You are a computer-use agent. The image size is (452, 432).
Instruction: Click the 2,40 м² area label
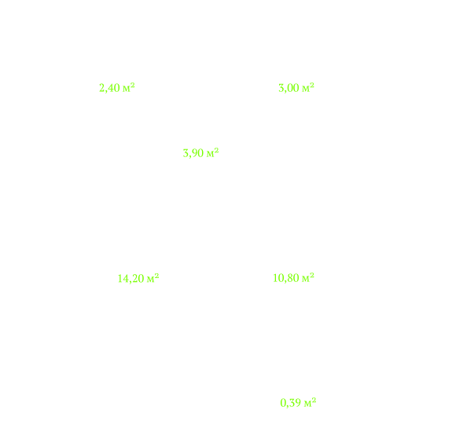(117, 88)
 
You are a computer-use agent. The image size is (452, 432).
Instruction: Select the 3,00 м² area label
(296, 88)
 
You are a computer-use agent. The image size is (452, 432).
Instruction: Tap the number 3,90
(193, 153)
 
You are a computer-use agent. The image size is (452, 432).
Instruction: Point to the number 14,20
(130, 279)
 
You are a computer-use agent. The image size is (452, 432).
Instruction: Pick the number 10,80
(286, 278)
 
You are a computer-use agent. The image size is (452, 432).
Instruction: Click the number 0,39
(291, 403)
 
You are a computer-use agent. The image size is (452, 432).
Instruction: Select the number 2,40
(109, 88)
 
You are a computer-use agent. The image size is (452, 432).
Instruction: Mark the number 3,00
(288, 88)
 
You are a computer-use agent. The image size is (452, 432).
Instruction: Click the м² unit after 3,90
(212, 152)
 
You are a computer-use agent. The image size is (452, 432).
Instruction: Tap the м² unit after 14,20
(153, 278)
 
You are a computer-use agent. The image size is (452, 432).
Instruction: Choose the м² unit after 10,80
(308, 277)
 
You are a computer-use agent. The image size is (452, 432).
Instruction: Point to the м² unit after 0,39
(310, 402)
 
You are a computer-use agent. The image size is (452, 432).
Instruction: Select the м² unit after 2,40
(129, 87)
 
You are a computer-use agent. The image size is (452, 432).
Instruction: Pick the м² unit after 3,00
(308, 87)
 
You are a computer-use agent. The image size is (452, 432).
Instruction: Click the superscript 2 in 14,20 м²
(156, 276)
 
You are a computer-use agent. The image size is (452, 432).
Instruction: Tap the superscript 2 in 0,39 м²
(314, 400)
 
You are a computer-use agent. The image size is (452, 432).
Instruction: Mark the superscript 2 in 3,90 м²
(216, 150)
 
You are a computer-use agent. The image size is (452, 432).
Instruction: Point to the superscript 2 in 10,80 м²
(312, 275)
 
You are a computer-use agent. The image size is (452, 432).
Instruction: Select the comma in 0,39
(287, 406)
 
